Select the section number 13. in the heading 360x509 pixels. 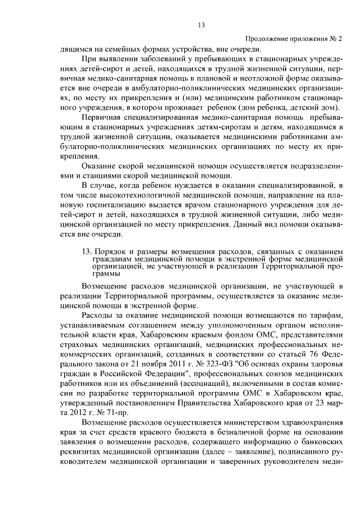click(88, 250)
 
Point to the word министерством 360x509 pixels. click(241, 422)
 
